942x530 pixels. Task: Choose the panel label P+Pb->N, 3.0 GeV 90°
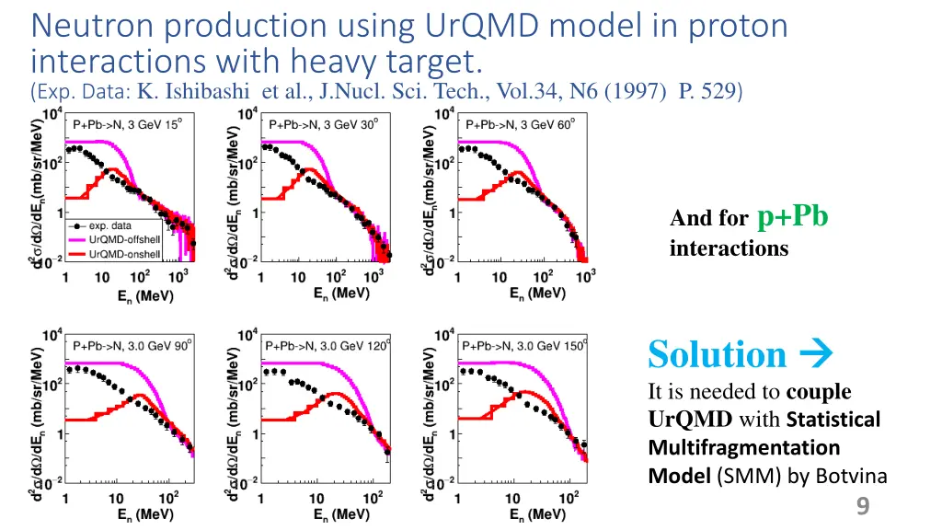click(x=132, y=346)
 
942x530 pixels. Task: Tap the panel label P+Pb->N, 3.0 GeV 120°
click(x=327, y=346)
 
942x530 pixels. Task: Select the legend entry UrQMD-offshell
click(x=124, y=239)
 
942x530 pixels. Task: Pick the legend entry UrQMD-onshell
click(x=124, y=254)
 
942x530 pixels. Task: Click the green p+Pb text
click(x=792, y=216)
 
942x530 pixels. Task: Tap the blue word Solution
click(x=717, y=354)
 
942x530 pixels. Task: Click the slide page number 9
click(x=862, y=505)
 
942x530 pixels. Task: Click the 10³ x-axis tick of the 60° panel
click(x=584, y=276)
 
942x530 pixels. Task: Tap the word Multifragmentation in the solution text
click(x=744, y=447)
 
